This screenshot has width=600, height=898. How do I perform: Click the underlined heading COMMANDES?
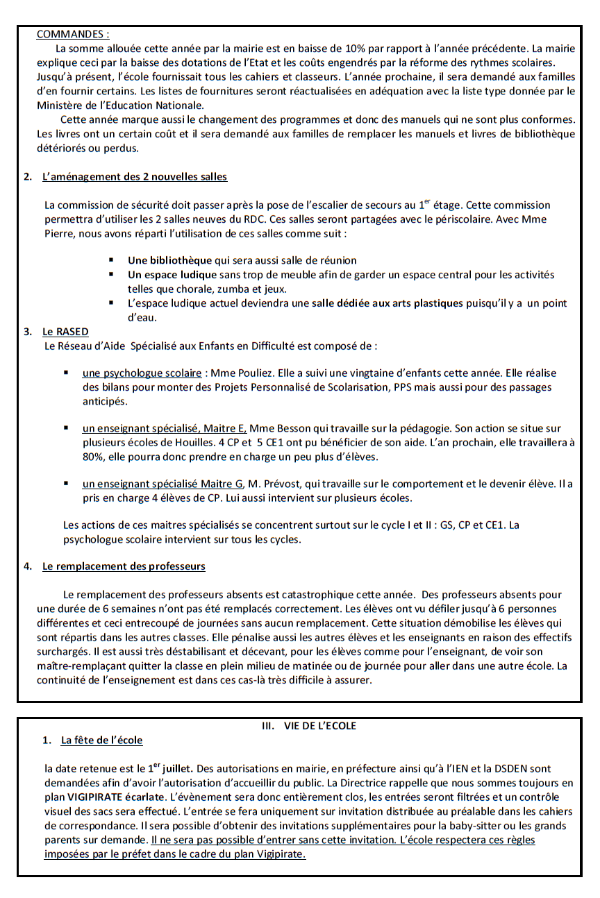(72, 34)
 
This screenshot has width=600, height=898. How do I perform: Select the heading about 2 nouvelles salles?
(134, 177)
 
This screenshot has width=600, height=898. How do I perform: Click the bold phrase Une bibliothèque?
(170, 260)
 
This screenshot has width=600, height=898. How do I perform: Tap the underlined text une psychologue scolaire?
(142, 373)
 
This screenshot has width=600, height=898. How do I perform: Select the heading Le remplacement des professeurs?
(124, 566)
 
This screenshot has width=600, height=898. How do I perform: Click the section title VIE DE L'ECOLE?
(319, 726)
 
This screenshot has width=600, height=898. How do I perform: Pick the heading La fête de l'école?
(101, 740)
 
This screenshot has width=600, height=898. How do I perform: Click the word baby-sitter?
(462, 826)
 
